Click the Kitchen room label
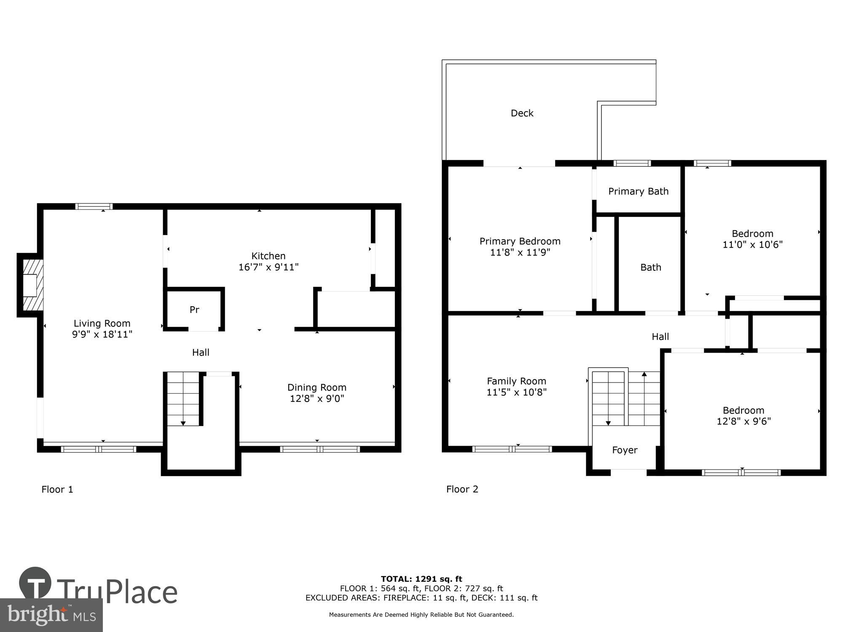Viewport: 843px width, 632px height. (x=268, y=256)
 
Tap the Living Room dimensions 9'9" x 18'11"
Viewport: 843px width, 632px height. (x=102, y=335)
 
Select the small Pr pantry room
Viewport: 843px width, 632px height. (x=194, y=310)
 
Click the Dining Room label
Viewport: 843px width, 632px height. (x=317, y=387)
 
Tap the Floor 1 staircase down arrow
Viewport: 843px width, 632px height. (x=183, y=423)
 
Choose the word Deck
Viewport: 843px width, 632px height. (x=522, y=113)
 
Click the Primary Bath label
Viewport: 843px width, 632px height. (x=638, y=191)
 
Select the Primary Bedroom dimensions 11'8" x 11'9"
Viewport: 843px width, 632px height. (x=520, y=252)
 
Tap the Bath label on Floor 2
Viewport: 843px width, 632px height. (x=650, y=267)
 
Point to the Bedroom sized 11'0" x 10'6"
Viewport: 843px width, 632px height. (x=752, y=239)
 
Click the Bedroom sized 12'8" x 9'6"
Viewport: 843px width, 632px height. (x=744, y=415)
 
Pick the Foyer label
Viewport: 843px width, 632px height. (x=624, y=450)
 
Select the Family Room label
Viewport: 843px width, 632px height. (x=516, y=381)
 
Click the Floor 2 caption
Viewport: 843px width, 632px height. (x=462, y=489)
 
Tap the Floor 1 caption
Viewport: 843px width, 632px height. (x=57, y=489)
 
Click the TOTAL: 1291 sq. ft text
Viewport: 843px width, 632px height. (x=421, y=579)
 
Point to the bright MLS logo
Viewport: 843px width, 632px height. (x=51, y=615)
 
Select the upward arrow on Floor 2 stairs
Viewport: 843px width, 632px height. (x=644, y=374)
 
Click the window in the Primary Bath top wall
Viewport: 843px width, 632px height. (x=632, y=163)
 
